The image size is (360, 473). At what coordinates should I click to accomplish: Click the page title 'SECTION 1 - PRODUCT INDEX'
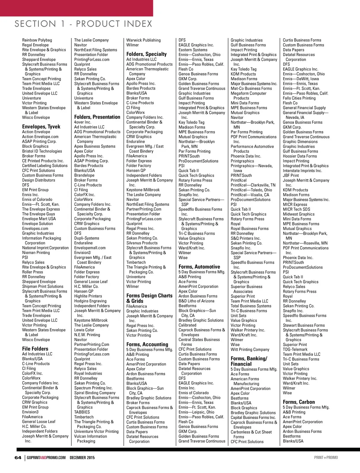click(x=83, y=24)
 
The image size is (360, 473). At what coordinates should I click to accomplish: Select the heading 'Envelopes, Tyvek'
click(x=41, y=127)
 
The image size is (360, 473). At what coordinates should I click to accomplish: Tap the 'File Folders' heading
click(x=35, y=349)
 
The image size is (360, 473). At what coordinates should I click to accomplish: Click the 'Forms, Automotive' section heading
click(x=199, y=267)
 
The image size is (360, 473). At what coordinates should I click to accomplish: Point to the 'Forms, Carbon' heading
click(x=299, y=402)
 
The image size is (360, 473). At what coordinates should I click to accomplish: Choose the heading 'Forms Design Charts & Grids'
click(x=149, y=298)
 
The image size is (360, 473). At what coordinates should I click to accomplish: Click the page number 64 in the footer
click(x=18, y=458)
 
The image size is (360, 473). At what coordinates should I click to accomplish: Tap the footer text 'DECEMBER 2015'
click(x=82, y=458)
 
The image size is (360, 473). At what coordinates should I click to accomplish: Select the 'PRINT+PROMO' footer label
click(x=326, y=458)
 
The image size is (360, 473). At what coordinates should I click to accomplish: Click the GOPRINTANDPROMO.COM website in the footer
click(x=46, y=458)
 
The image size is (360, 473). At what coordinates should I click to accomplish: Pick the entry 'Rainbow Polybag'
click(x=37, y=40)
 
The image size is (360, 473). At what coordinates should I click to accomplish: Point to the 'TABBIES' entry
click(x=82, y=412)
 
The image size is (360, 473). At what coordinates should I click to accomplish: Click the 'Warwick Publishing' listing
click(x=143, y=40)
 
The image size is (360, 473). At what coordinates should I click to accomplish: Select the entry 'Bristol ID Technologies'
click(x=42, y=151)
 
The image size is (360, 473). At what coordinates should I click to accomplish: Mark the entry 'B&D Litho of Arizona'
click(x=196, y=301)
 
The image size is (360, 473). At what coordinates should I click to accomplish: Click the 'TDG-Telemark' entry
click(x=295, y=350)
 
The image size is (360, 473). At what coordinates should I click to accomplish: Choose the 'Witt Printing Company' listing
click(x=250, y=350)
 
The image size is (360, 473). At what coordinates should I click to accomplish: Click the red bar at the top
click(x=76, y=8)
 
